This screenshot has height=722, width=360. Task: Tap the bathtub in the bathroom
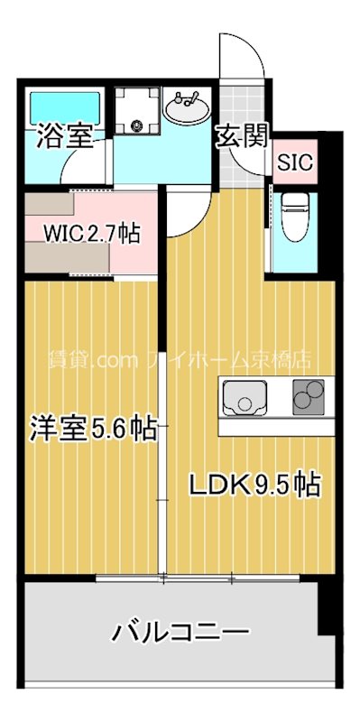click(62, 108)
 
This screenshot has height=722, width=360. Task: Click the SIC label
click(295, 164)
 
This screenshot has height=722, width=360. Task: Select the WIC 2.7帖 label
click(93, 235)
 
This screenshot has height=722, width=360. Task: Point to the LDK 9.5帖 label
click(254, 485)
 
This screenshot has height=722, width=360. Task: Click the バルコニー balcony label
click(180, 631)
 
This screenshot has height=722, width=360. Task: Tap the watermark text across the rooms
click(180, 358)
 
